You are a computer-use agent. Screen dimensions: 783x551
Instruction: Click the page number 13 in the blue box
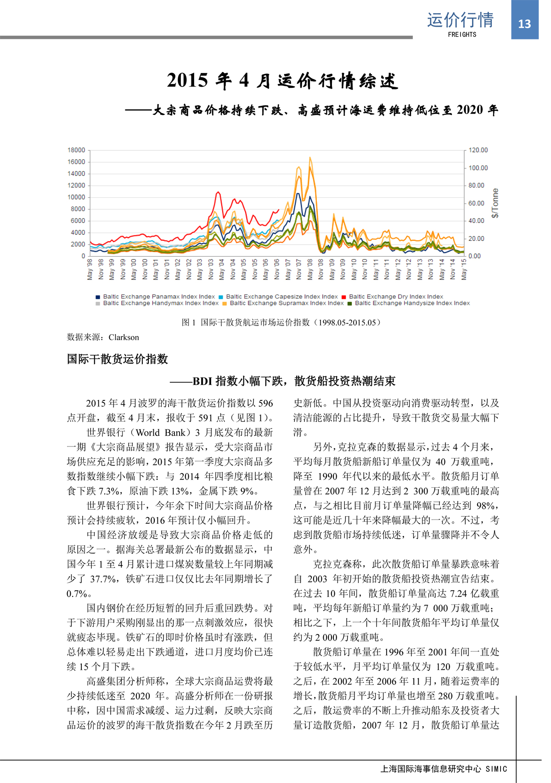click(x=524, y=24)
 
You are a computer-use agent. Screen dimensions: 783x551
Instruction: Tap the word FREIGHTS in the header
click(x=462, y=34)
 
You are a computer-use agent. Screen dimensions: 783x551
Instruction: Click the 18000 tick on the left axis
click(x=76, y=150)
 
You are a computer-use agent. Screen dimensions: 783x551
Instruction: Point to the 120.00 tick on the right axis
click(x=478, y=150)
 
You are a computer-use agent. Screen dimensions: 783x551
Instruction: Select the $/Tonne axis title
click(x=495, y=203)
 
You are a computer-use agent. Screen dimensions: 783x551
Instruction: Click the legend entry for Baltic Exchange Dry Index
click(x=396, y=297)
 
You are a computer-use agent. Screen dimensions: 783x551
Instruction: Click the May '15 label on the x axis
click(x=464, y=269)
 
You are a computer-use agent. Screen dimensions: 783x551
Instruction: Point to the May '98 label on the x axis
click(x=90, y=269)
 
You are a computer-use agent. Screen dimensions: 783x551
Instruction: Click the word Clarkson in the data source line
click(x=124, y=337)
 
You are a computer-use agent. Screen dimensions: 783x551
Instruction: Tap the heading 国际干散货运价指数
click(x=118, y=359)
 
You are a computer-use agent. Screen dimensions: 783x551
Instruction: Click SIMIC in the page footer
click(x=496, y=769)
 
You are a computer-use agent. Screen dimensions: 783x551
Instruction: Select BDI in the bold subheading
click(x=202, y=381)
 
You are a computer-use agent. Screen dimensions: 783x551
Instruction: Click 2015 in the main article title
click(x=187, y=80)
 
